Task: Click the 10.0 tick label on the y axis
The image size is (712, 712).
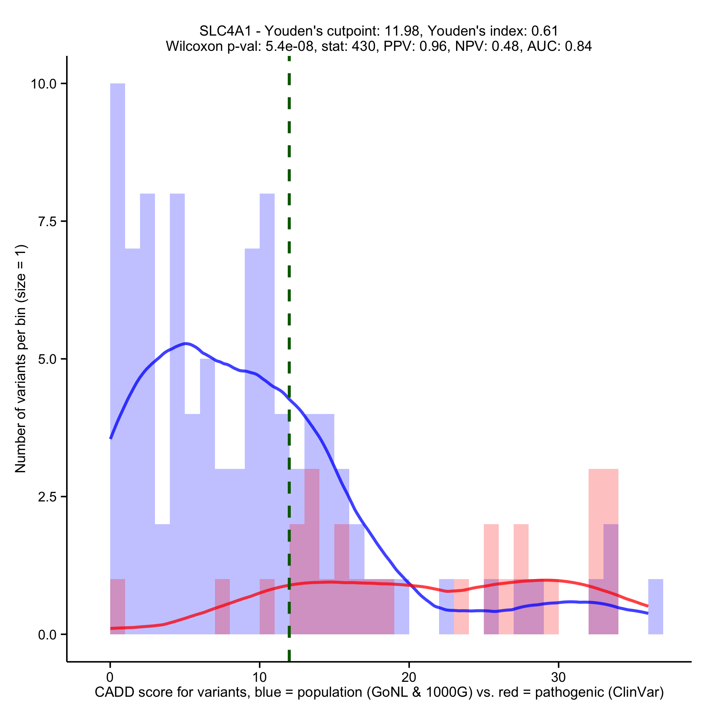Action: (x=43, y=84)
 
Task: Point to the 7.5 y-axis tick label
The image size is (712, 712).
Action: (x=47, y=221)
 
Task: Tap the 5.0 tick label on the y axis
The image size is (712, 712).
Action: (x=47, y=359)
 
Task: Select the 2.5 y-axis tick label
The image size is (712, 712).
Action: (x=47, y=497)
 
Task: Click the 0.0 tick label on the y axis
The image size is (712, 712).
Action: (x=47, y=635)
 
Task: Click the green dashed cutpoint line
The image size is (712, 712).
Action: (x=289, y=258)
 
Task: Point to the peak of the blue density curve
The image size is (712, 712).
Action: (x=186, y=344)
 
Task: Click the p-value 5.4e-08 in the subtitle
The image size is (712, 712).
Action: (x=290, y=46)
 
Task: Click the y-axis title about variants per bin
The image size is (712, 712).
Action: (x=21, y=359)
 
